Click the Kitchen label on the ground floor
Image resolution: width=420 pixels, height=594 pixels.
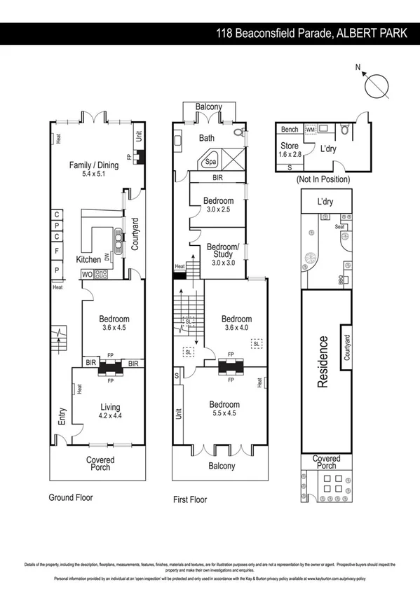88,260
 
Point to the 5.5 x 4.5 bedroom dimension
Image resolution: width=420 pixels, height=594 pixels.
223,414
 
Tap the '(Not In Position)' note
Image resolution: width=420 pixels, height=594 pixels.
322,179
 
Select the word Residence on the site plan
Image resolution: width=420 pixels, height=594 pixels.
323,361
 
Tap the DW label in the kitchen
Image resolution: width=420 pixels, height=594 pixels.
107,257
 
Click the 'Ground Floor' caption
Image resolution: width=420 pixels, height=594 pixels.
70,498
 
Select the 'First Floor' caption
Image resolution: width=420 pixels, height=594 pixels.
190,500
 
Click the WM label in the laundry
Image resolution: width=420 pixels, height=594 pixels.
310,130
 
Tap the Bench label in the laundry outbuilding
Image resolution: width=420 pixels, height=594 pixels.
289,130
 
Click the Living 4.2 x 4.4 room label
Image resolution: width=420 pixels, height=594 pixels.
109,411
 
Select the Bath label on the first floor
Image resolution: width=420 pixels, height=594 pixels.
206,138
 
